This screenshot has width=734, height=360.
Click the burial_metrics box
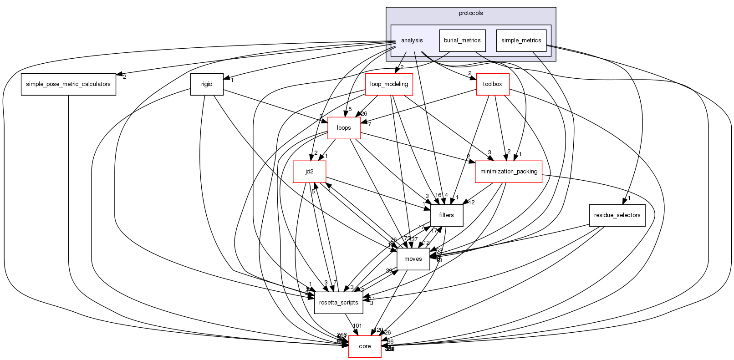click(x=462, y=41)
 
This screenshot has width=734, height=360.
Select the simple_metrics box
click(x=521, y=41)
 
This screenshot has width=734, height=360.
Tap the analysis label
click(x=412, y=41)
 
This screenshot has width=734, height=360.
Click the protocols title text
click(x=471, y=13)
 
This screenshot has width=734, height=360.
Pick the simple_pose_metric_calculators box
click(x=68, y=84)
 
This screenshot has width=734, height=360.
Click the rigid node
click(x=207, y=84)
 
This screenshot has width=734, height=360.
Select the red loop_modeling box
click(x=389, y=84)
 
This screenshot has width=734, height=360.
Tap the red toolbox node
click(x=492, y=84)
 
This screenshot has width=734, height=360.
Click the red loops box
click(x=344, y=128)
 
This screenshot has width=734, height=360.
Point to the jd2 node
click(x=309, y=172)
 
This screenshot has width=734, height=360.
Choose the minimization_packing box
click(x=509, y=172)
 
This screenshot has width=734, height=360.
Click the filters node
click(x=446, y=215)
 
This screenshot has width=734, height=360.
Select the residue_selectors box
click(x=617, y=215)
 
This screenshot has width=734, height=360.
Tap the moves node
click(x=413, y=259)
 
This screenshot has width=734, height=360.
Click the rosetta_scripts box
click(x=338, y=303)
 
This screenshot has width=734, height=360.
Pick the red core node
click(x=365, y=346)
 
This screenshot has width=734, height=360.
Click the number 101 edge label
click(x=357, y=326)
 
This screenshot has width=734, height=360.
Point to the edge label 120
click(x=378, y=330)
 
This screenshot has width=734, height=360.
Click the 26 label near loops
click(x=363, y=114)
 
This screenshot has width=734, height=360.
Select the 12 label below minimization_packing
click(x=471, y=203)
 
